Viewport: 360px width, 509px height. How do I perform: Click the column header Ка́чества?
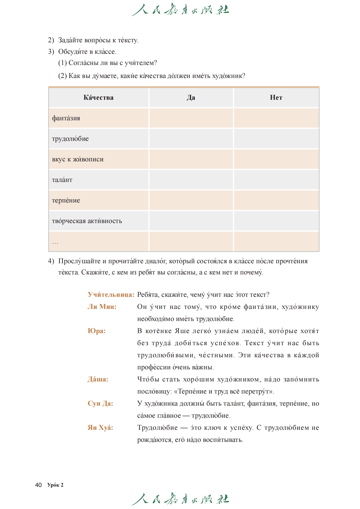99,98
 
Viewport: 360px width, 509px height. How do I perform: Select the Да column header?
191,98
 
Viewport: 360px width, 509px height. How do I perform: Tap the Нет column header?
276,98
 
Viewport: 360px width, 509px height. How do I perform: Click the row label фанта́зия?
66,118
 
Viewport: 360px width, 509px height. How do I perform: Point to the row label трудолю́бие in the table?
70,139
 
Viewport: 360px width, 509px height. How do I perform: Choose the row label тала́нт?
62,180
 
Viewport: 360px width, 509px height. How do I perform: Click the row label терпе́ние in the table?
66,200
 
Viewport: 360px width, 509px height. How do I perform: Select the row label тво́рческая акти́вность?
87,221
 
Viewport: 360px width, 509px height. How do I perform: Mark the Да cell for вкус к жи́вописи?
191,159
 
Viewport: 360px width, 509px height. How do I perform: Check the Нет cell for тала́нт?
276,180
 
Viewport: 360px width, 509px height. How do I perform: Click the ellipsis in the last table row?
55,242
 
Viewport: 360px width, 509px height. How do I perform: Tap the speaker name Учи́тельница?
111,295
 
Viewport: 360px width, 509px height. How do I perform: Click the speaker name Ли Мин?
102,307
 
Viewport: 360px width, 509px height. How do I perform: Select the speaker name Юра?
96,331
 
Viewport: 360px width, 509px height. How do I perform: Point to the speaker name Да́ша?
98,379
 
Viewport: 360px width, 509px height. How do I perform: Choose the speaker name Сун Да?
100,404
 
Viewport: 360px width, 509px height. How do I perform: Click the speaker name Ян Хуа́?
100,428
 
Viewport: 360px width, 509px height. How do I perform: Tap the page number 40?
38,485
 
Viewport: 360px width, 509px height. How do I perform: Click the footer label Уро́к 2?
55,485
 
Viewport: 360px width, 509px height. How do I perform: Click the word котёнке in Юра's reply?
158,331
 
